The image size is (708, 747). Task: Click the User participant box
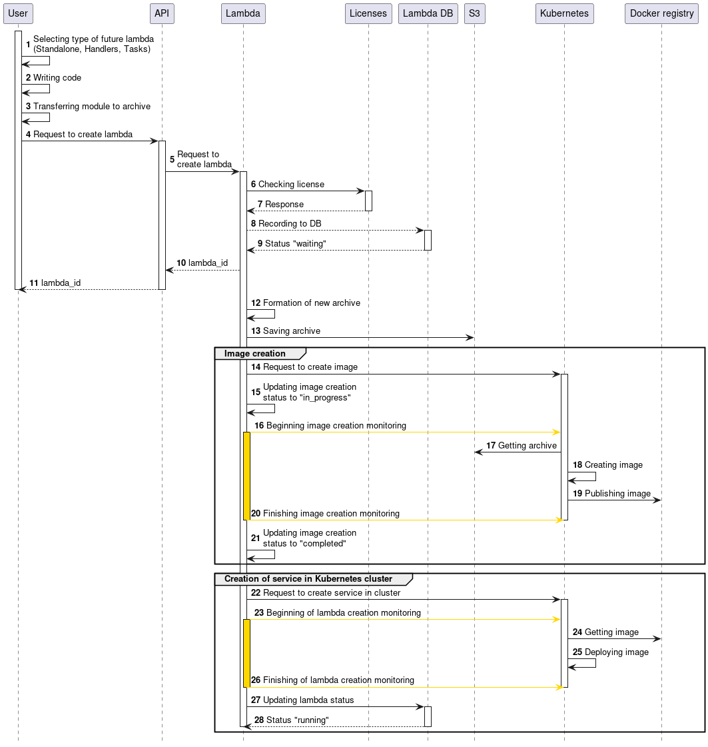click(x=18, y=13)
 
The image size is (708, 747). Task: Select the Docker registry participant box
click(x=661, y=13)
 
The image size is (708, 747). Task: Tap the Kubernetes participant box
click(x=564, y=13)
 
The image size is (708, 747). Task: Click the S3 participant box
click(x=474, y=13)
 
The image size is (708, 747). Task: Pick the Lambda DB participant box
click(x=428, y=13)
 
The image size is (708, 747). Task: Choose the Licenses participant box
click(x=368, y=13)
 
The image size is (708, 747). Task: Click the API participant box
click(x=162, y=13)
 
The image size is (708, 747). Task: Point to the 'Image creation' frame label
click(x=255, y=353)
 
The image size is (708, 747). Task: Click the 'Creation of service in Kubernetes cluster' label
click(x=308, y=578)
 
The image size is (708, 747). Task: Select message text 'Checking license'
click(x=291, y=184)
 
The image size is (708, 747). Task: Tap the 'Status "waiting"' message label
click(x=295, y=243)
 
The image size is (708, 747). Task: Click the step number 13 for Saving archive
click(x=256, y=331)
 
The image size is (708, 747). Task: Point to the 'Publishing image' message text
click(x=617, y=493)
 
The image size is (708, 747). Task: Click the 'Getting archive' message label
click(x=527, y=445)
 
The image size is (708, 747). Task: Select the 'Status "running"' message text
click(x=297, y=720)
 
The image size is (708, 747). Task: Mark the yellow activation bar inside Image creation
click(x=246, y=476)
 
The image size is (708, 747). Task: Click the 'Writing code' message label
click(x=57, y=77)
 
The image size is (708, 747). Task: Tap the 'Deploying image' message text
click(x=616, y=652)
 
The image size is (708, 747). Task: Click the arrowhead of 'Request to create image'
click(x=556, y=374)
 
